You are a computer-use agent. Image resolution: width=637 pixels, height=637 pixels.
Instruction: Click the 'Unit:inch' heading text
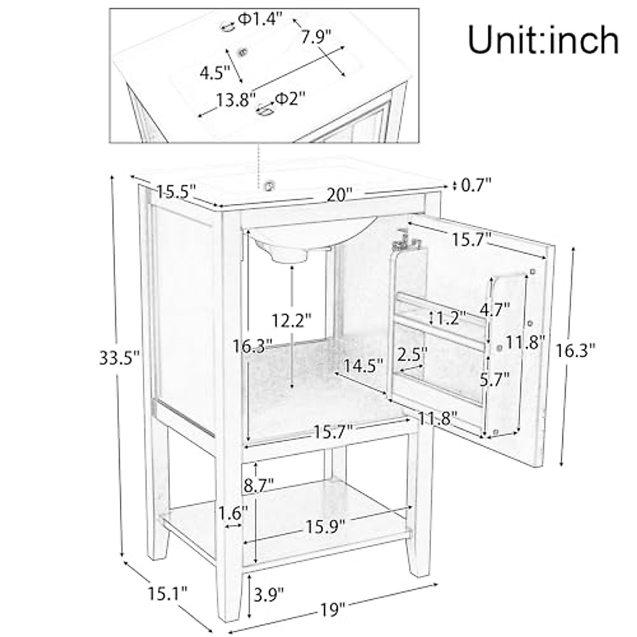tap(543, 40)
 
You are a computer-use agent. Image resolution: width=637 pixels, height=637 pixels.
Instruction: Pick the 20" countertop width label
tap(339, 195)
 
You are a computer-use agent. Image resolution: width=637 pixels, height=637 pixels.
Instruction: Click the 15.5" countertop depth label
tap(177, 190)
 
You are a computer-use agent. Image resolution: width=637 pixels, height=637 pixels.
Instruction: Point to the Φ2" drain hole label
tap(290, 98)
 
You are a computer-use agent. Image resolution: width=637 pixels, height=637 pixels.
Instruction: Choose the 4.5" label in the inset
tap(214, 72)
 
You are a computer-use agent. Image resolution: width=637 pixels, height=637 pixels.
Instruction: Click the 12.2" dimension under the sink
tap(291, 321)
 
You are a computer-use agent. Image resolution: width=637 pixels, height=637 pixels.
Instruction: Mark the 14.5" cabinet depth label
tap(363, 365)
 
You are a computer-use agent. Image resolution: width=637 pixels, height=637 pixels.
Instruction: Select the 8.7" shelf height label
tap(259, 485)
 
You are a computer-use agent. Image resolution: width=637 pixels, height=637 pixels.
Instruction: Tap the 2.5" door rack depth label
tap(412, 354)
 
